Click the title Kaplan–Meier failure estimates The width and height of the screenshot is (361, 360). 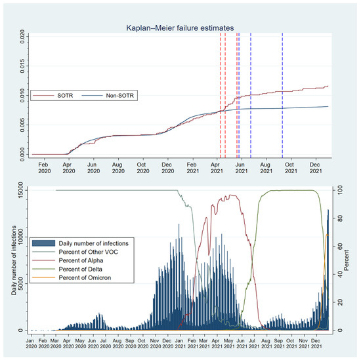pyautogui.click(x=180, y=27)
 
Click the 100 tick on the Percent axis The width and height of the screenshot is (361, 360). pyautogui.click(x=341, y=190)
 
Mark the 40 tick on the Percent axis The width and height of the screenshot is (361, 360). pyautogui.click(x=341, y=275)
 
